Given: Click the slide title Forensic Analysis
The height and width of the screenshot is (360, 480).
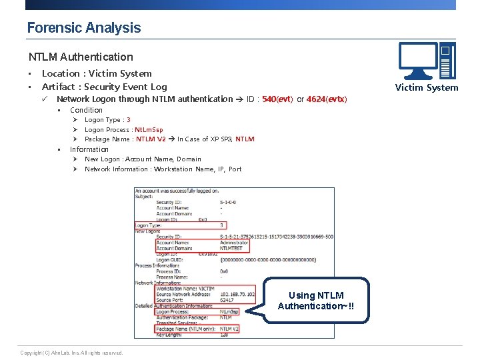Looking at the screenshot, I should pos(84,28).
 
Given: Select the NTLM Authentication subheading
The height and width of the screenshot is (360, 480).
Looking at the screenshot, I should pos(81,57).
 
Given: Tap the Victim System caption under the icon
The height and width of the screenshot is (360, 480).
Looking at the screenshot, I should pos(426,87).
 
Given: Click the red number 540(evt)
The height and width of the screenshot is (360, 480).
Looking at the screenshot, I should pos(277,99).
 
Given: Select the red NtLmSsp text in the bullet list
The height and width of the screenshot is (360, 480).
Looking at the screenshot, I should pos(149,130).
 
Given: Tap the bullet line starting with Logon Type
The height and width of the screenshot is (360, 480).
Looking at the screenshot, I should pos(107,120).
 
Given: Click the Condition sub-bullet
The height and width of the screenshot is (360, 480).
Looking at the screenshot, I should pos(86,110).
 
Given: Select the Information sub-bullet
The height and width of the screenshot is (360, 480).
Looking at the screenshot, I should pos(89,149).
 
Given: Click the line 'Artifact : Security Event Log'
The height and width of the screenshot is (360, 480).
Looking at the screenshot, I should pos(104,87).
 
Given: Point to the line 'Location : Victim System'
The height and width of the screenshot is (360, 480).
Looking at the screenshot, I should pos(97,73).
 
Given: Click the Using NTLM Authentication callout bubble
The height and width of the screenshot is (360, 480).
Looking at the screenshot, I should pos(316,301).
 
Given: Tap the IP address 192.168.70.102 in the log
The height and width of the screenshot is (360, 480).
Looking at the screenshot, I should pos(237,294).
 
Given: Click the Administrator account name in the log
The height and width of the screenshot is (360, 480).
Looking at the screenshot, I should pos(234,243).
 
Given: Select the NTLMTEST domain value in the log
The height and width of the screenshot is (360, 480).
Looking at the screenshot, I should pos(231,249).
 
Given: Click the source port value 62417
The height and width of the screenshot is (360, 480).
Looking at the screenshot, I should pos(227,300).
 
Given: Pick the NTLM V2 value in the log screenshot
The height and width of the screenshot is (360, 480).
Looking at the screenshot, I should pos(229,329).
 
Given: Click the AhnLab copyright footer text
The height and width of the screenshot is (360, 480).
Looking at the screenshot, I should pos(71,353).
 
